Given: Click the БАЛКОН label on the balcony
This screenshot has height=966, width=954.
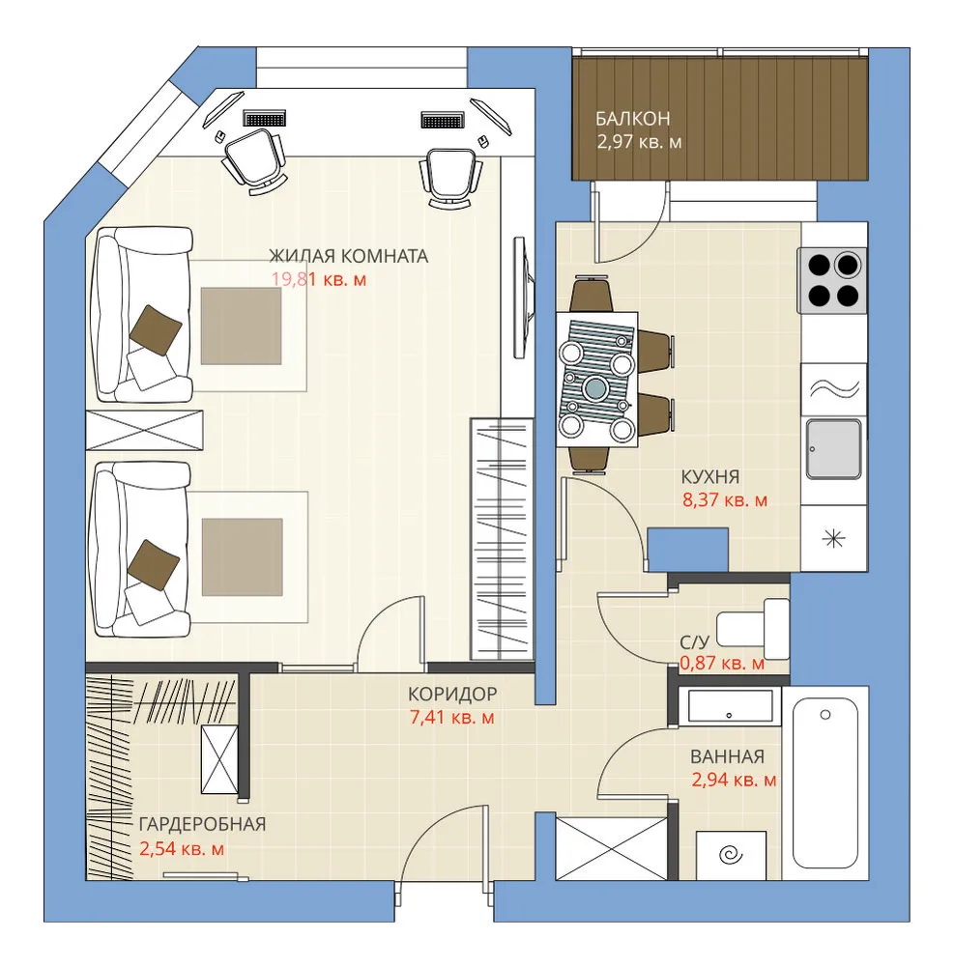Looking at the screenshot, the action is pos(632,118).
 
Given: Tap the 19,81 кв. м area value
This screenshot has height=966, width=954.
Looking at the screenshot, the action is pos(319,280).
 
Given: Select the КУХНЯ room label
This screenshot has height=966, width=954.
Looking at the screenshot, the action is pos(710,476).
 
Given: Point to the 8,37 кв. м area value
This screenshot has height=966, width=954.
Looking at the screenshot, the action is pos(725,499).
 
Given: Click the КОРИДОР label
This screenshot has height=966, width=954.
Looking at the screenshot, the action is pos(452,695).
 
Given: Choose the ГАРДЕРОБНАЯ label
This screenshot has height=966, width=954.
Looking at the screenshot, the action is pos(202,824).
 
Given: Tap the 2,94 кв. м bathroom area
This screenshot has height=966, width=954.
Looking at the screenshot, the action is pos(734,780).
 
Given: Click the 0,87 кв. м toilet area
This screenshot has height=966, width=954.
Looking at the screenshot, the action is pos(722,664).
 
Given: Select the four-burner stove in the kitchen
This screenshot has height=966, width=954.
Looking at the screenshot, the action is pos(832,281).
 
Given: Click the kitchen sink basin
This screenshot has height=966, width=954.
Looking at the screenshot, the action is pos(834,449).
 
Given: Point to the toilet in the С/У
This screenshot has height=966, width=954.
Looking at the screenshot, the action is pos(753,629).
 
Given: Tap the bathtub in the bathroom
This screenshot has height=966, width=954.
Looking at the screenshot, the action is pos(825,783).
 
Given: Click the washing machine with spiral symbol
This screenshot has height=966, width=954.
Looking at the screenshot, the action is pos(731,855).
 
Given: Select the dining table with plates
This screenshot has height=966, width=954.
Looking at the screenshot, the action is pos(596,379).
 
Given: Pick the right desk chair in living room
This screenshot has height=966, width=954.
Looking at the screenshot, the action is pos(450,178).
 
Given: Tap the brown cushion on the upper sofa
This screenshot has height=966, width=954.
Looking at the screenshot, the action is pos(156,330).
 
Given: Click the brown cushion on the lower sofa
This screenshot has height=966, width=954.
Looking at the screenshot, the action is pos(154,565).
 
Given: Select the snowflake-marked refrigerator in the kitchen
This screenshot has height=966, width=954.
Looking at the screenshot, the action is pos(834,538).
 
